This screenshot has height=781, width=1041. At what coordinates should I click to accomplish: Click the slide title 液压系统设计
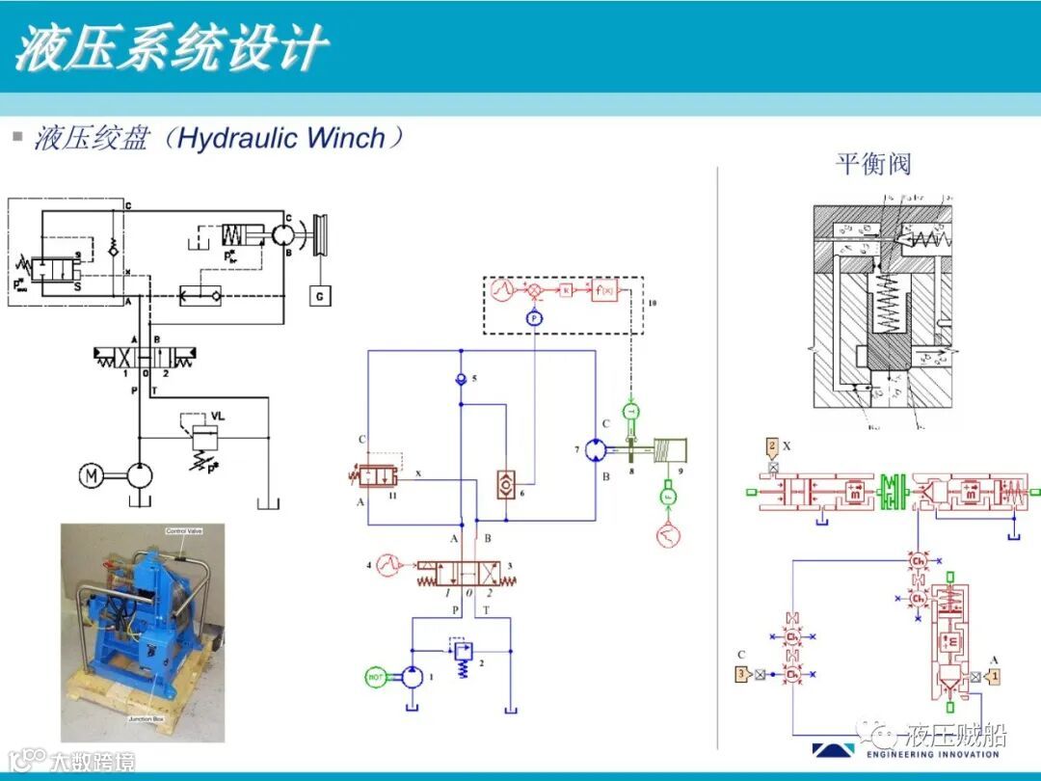click(x=172, y=48)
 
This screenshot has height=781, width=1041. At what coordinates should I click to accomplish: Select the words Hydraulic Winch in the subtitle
click(x=281, y=138)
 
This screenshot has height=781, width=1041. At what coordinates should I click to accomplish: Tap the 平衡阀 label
click(x=872, y=164)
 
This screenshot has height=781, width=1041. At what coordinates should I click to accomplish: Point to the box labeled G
click(x=320, y=297)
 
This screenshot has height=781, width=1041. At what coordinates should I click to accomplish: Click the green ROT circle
click(x=376, y=677)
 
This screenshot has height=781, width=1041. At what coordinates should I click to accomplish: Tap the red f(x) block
click(x=604, y=288)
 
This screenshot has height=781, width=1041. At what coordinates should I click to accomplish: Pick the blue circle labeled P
click(x=534, y=318)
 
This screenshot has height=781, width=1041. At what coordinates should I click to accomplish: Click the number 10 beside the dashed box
click(x=653, y=303)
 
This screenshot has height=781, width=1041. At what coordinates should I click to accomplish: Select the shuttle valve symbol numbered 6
click(x=505, y=485)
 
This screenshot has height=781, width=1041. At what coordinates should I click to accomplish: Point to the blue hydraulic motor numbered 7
click(x=596, y=450)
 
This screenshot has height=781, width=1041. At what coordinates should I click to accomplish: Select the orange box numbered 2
click(x=772, y=446)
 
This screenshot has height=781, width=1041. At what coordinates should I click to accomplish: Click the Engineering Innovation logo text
click(x=932, y=754)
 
